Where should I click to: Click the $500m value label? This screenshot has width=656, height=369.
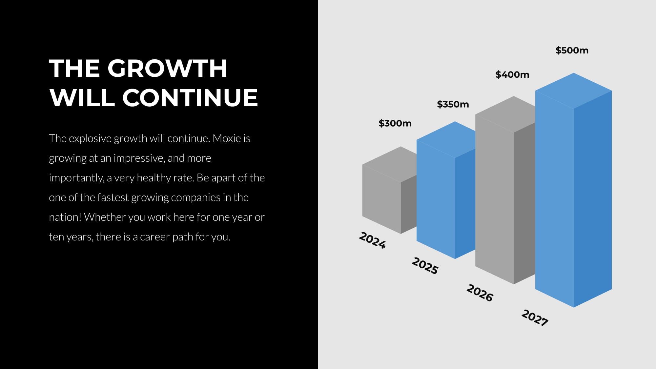coord(572,50)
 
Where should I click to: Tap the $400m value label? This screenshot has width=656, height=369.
coord(512,74)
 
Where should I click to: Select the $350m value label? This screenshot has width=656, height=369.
coord(453,104)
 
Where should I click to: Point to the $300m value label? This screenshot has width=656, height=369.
coord(395,123)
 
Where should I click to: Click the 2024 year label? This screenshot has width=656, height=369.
coord(372,240)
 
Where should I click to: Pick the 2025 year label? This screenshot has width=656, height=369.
coord(425,266)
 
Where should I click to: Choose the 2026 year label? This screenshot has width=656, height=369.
coord(480,293)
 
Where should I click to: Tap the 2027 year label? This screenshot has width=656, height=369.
coord(535,318)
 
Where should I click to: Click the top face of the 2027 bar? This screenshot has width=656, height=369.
coord(574,91)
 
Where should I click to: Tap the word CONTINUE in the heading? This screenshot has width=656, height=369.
coord(190,98)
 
